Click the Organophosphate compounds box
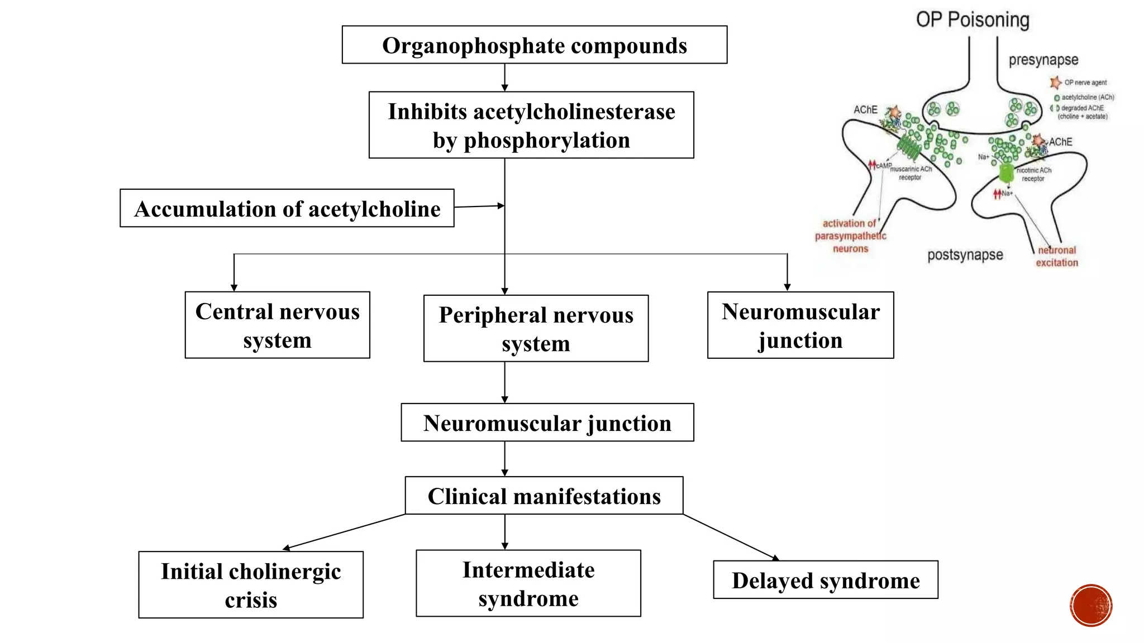[x=534, y=45]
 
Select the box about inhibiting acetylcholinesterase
[x=531, y=125]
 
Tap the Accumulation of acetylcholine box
[x=287, y=208]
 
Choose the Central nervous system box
[x=277, y=325]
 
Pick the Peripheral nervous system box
[x=536, y=328]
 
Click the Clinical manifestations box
[x=544, y=496]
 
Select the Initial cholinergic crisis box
[x=251, y=584]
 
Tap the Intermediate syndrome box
[x=528, y=583]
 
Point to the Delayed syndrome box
[x=825, y=580]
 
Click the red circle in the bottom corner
[x=1090, y=606]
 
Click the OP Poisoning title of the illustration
[x=972, y=20]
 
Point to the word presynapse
[x=1043, y=60]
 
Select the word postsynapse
[x=965, y=255]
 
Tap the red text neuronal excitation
[x=1056, y=256]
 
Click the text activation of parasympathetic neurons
[x=850, y=236]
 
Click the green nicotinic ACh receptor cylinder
[x=1005, y=174]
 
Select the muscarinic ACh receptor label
[x=911, y=172]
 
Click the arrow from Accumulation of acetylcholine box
[x=479, y=207]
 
